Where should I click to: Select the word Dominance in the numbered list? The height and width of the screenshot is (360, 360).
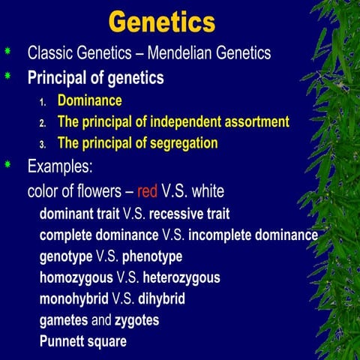pos(89,100)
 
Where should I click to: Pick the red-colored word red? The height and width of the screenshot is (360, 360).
pos(148,190)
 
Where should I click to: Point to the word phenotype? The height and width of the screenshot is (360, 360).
pos(152,256)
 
